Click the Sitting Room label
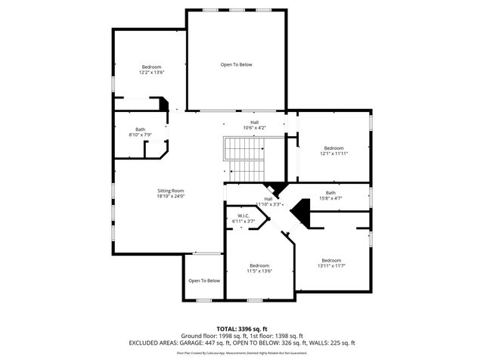[x=170, y=191]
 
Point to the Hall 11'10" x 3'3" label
[x=268, y=201]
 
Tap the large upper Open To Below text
[x=236, y=64]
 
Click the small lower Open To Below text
[x=204, y=281]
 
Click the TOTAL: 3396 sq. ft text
[x=242, y=328]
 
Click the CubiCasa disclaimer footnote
[x=242, y=352]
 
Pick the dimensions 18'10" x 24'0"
[x=170, y=196]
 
